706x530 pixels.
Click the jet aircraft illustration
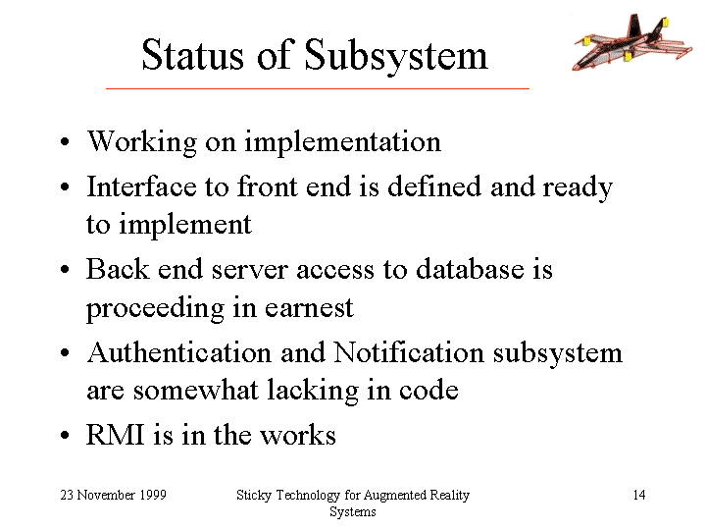[632, 42]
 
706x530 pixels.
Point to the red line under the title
[318, 88]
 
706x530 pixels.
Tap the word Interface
[141, 186]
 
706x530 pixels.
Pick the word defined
[434, 186]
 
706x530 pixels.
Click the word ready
[578, 188]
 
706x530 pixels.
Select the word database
[470, 269]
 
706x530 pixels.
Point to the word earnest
[309, 308]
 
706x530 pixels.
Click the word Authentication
[179, 352]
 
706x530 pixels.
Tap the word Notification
[408, 352]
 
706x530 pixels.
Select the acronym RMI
[116, 435]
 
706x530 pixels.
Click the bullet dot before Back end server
[65, 270]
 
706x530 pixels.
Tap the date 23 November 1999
[114, 495]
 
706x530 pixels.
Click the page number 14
[639, 495]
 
